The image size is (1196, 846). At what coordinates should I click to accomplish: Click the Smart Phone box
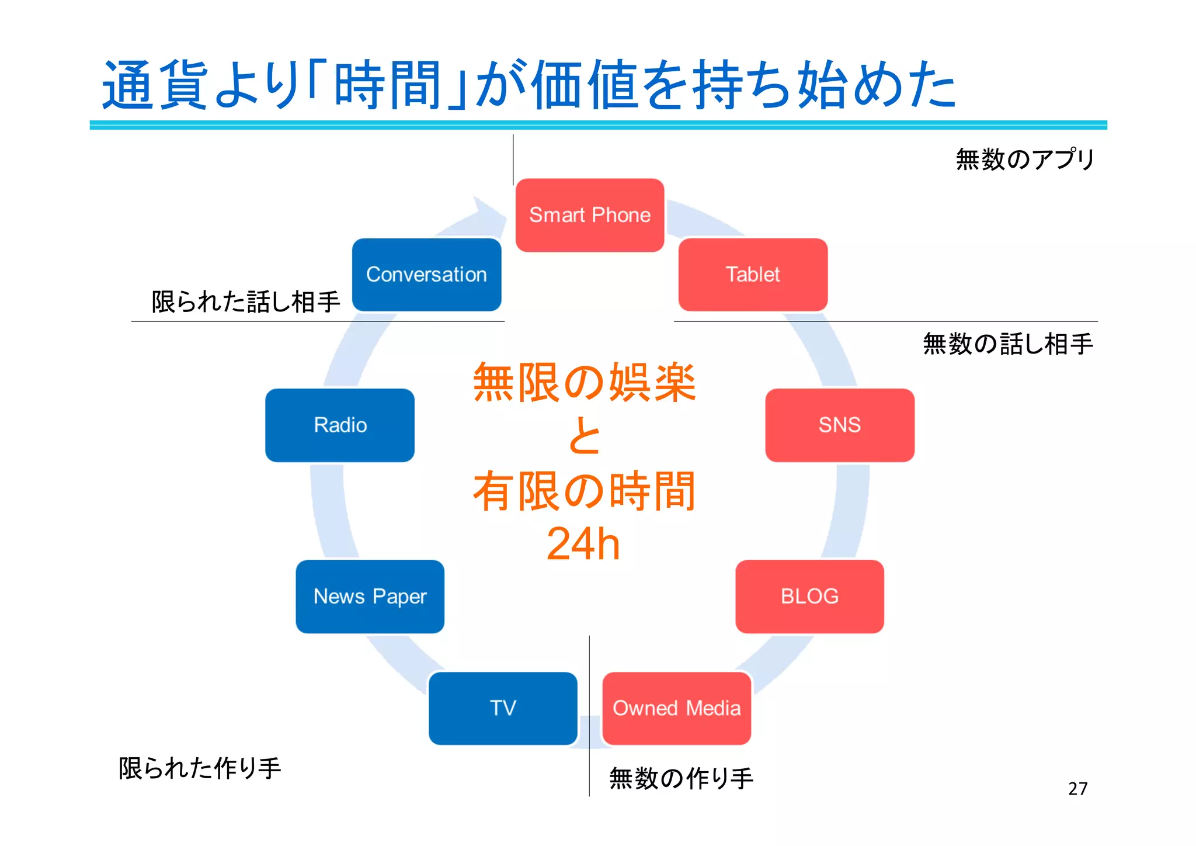[590, 215]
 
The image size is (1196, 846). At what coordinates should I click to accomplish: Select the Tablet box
[753, 275]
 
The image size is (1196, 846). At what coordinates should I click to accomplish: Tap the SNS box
[839, 425]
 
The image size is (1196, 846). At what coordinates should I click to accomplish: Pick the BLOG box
[809, 597]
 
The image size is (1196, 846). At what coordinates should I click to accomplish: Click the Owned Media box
[676, 708]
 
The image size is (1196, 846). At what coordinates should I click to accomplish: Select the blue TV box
[503, 708]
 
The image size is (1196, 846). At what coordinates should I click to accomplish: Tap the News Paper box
[370, 597]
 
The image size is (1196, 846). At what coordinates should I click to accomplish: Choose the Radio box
[340, 425]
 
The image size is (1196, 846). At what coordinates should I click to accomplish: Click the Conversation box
[426, 275]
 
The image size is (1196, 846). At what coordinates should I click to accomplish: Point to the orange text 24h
[583, 543]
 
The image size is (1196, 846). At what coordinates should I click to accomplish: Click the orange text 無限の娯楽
[584, 383]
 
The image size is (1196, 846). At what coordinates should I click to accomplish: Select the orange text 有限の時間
[584, 491]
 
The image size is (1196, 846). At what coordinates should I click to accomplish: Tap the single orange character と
[584, 436]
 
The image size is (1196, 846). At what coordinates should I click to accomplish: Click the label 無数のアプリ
[1025, 159]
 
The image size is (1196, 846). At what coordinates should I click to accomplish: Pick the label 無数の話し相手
[1008, 344]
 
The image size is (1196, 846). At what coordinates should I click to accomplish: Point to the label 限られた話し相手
[246, 301]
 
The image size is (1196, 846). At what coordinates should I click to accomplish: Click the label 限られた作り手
[200, 768]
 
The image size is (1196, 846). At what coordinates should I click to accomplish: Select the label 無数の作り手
[681, 778]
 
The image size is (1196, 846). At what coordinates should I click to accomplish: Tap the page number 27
[1077, 789]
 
